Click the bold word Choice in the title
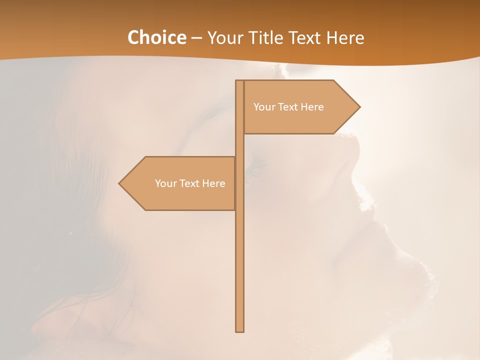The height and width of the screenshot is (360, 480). click(156, 38)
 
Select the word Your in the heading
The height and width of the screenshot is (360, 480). click(225, 38)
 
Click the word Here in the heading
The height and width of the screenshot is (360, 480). click(345, 38)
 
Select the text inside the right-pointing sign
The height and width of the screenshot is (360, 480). click(288, 107)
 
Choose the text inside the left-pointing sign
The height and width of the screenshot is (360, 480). click(190, 183)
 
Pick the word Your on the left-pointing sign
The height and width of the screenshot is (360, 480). click(166, 183)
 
